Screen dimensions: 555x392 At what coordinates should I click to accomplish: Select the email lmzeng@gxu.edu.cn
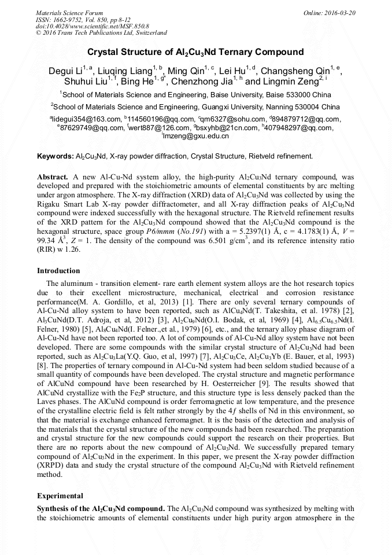[x=197, y=137]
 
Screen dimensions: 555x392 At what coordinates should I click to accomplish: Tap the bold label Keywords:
[x=56, y=156]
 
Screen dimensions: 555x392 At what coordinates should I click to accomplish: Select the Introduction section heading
[x=58, y=271]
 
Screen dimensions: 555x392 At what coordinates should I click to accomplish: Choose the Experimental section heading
[x=60, y=496]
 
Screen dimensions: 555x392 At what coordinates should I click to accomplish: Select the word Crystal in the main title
[x=110, y=52]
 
